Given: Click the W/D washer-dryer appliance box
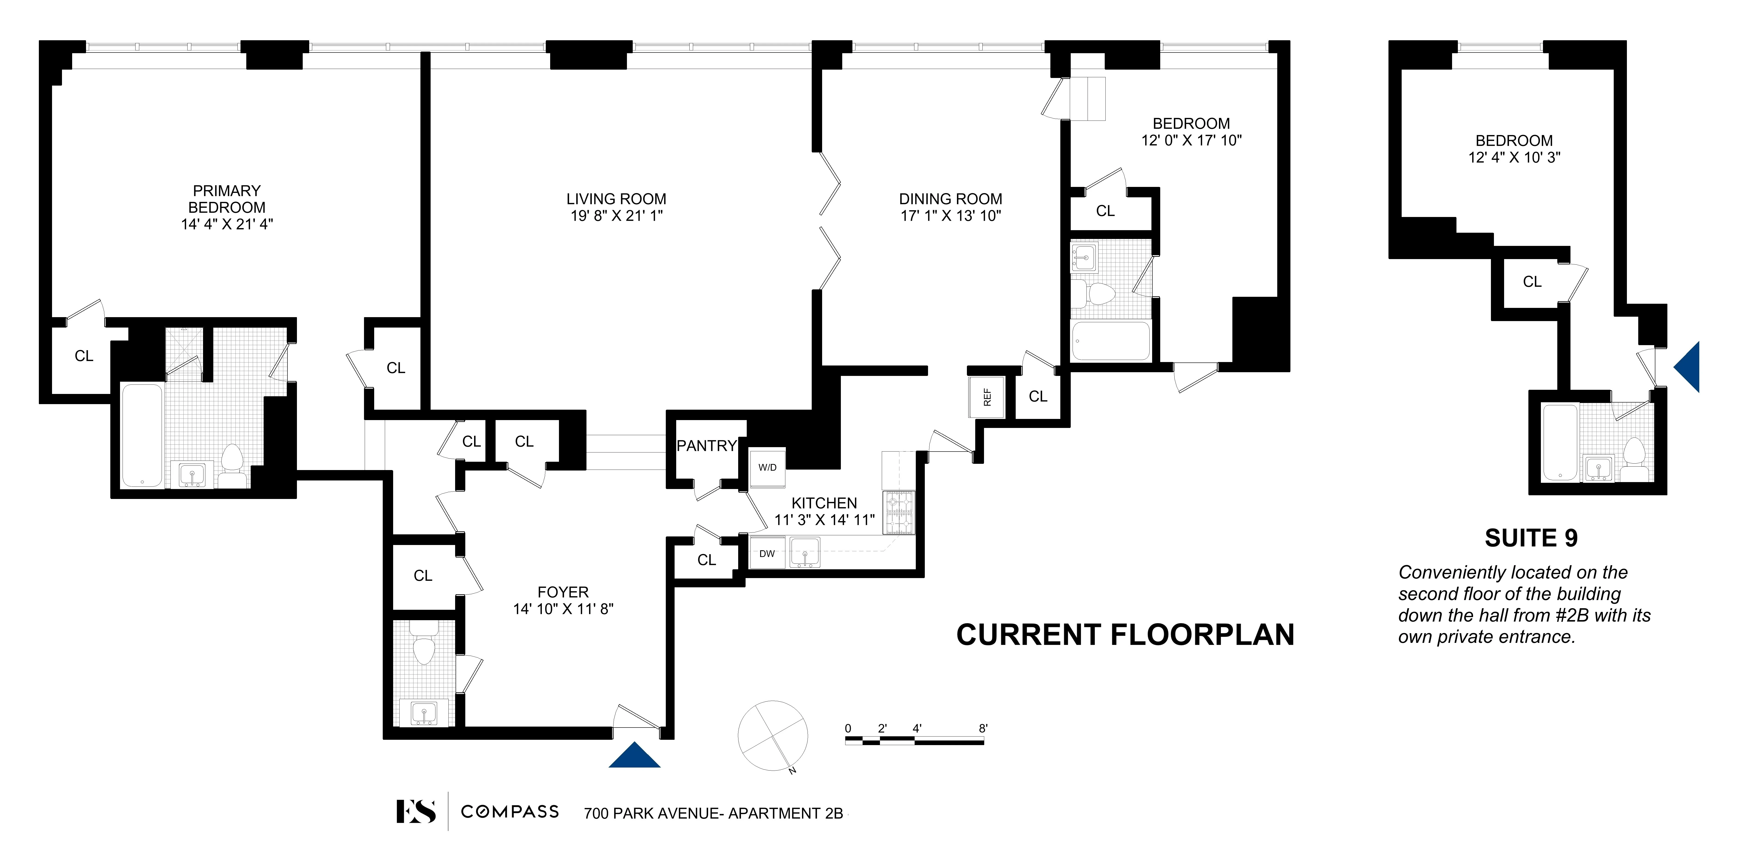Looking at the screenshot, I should pos(767,467).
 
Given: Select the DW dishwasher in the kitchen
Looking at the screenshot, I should pos(767,553).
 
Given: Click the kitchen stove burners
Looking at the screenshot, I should pos(899,512).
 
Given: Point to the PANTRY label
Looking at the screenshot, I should pos(706,445).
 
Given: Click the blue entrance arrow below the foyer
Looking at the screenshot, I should pos(634,756).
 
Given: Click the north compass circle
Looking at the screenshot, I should pos(773,735).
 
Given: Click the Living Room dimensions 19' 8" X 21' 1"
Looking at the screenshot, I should pos(616,216).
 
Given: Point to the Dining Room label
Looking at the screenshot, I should pos(950,199).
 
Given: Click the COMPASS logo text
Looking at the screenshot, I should pos(510,811).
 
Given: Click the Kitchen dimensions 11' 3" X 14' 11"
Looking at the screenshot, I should pos(824,520).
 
